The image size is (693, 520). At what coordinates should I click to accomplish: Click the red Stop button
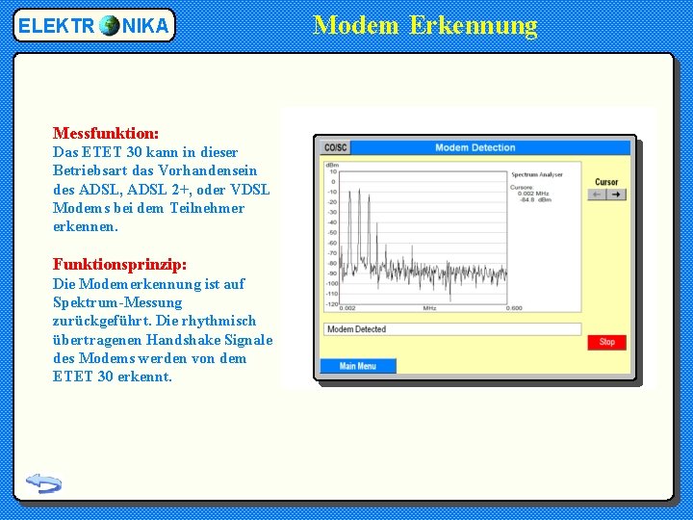[x=606, y=342]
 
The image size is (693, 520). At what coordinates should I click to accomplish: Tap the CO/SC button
[x=336, y=147]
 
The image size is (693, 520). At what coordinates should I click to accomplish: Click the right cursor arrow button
[x=616, y=195]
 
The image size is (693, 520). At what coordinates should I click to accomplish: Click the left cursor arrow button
[x=598, y=195]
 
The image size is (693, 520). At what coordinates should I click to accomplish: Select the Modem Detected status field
[x=451, y=329]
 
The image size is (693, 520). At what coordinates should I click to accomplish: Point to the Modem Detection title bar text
[x=475, y=147]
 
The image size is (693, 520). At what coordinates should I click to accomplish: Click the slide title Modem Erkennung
[x=425, y=24]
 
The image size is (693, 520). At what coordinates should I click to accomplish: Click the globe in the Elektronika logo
[x=109, y=26]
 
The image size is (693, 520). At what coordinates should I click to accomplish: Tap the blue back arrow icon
[x=43, y=482]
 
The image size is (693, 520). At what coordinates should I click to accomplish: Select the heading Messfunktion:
[x=106, y=133]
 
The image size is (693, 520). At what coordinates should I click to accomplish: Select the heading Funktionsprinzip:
[x=119, y=264]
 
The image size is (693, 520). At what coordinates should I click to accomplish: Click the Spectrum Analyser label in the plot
[x=536, y=175]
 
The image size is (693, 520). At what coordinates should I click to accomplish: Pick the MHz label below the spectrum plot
[x=429, y=308]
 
